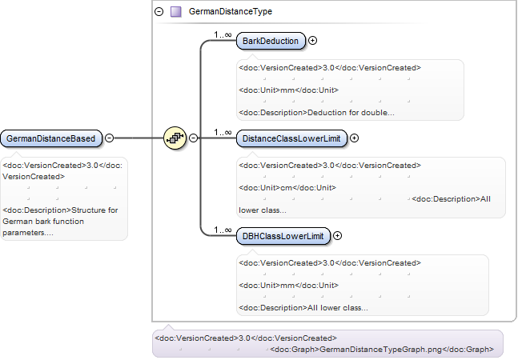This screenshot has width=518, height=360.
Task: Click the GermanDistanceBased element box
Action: pyautogui.click(x=51, y=138)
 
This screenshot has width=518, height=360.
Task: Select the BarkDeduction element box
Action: pyautogui.click(x=271, y=41)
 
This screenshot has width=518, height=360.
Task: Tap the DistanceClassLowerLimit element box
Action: pyautogui.click(x=291, y=138)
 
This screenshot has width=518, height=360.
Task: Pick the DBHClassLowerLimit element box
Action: pyautogui.click(x=283, y=236)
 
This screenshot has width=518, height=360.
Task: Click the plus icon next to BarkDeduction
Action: pyautogui.click(x=312, y=41)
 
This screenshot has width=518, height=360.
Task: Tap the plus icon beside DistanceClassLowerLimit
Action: pyautogui.click(x=354, y=138)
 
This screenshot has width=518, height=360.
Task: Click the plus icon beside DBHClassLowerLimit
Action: pyautogui.click(x=337, y=236)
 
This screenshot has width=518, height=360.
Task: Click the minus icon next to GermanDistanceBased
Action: pyautogui.click(x=110, y=138)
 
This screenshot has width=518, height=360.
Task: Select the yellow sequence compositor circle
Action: pyautogui.click(x=175, y=138)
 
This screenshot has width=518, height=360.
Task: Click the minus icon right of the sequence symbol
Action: pyautogui.click(x=194, y=138)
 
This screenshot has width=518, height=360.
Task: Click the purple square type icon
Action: pyautogui.click(x=176, y=12)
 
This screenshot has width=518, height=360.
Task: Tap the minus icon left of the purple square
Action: pyautogui.click(x=159, y=12)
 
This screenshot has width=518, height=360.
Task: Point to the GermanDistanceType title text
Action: pyautogui.click(x=231, y=11)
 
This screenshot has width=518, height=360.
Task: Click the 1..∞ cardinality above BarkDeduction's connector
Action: pyautogui.click(x=223, y=34)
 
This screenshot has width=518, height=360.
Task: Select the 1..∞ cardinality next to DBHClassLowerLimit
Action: pyautogui.click(x=223, y=230)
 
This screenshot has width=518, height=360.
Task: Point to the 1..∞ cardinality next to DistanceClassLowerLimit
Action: pyautogui.click(x=223, y=132)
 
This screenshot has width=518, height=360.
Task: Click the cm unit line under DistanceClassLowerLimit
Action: pyautogui.click(x=287, y=188)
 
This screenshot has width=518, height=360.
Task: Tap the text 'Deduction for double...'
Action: pyautogui.click(x=351, y=113)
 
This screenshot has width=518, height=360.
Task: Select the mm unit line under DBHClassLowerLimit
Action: pyautogui.click(x=289, y=286)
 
